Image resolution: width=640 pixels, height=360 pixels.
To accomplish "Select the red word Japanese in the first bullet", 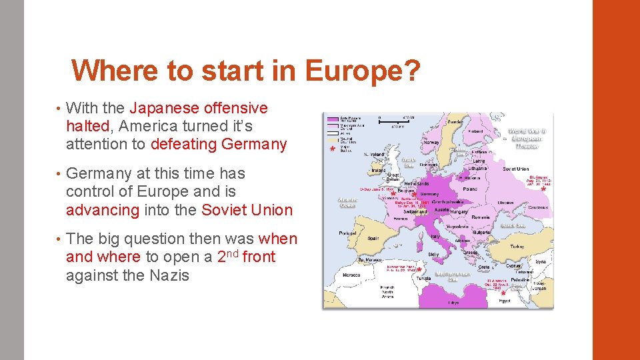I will coord(164,108).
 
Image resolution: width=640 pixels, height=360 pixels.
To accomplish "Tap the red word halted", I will coord(87,126).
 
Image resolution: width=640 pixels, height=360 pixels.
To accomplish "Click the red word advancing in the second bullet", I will coord(103,210).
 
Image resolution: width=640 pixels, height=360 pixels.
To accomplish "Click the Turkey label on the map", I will coord(517,247).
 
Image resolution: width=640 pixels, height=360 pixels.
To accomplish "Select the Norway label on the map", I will coord(431,142).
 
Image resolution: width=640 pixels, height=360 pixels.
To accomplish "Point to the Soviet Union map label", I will coord(515,169).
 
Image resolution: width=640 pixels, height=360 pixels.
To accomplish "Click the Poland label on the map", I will coord(471,189).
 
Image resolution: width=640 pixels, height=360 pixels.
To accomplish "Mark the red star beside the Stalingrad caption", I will coord(544,189).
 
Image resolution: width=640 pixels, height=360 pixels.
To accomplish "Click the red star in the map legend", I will coord(333,149).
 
